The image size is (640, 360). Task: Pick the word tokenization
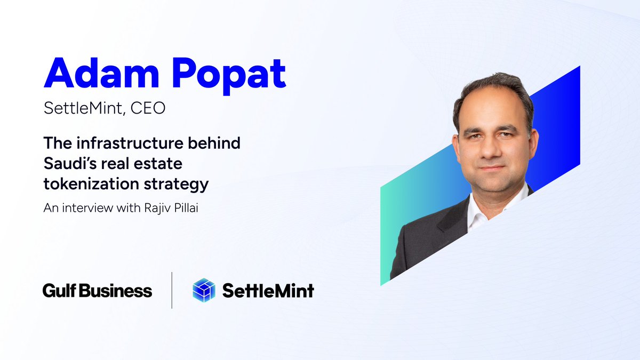(87, 185)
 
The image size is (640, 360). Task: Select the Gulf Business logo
(97, 291)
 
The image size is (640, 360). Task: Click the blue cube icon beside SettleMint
(203, 290)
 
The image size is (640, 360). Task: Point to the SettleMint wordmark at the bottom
(268, 291)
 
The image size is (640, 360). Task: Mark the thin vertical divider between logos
(172, 290)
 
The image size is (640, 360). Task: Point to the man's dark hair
(493, 88)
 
